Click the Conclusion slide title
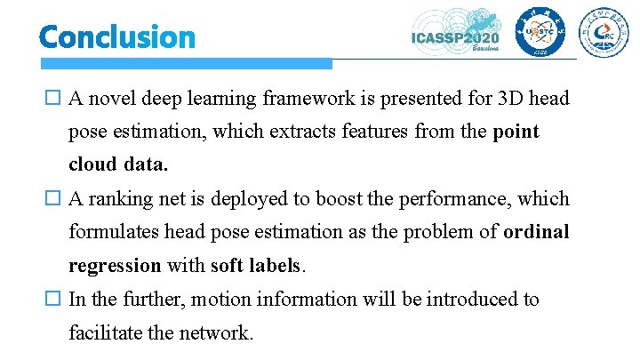tap(116, 36)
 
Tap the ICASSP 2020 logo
tap(456, 34)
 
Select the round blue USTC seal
tap(532, 34)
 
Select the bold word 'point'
tap(516, 132)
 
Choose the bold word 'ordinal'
tap(536, 232)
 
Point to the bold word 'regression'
tap(116, 266)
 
